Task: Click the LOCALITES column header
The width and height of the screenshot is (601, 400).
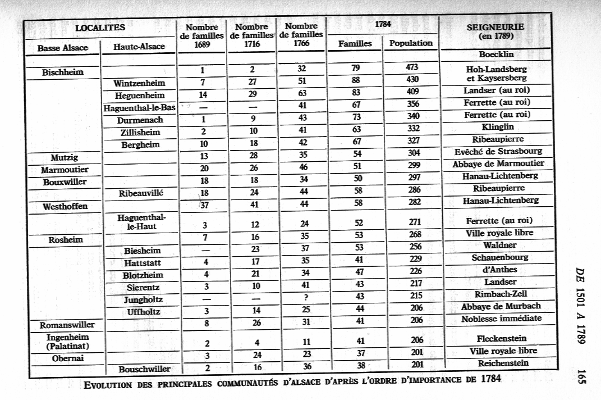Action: (100, 26)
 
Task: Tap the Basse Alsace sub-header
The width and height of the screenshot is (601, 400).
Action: (62, 48)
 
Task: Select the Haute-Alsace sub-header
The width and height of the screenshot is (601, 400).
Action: (139, 47)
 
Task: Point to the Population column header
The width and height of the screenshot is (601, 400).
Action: (411, 43)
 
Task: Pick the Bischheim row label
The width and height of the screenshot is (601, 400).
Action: (63, 72)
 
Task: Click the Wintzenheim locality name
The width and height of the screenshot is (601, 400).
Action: (140, 84)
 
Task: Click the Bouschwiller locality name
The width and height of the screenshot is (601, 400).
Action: (145, 369)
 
